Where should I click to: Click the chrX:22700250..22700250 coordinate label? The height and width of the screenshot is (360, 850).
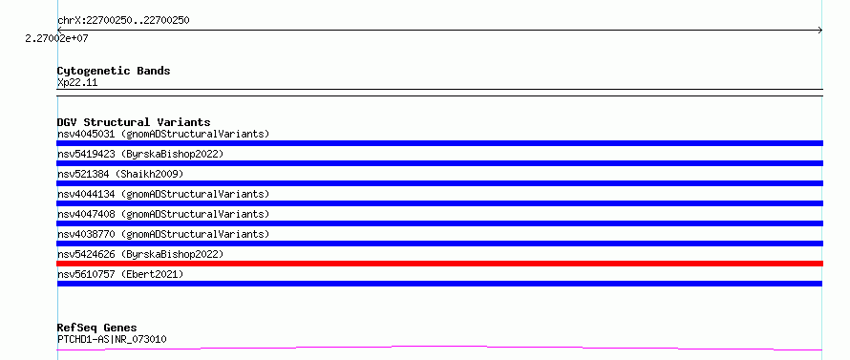pos(123,21)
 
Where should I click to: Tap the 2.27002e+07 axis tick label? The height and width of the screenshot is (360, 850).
pos(57,39)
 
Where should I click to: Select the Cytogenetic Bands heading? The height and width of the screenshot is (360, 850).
pos(114,71)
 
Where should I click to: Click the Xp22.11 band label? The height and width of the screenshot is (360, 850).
pos(77,83)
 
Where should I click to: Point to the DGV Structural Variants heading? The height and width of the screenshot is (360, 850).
pos(134,122)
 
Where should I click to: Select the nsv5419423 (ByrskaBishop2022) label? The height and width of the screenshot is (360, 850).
pos(140,154)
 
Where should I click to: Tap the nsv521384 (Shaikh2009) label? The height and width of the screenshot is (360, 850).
pos(120,174)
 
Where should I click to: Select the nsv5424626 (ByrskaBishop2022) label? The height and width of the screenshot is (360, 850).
pos(140,254)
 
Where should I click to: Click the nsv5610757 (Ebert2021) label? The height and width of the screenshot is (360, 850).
pos(120,274)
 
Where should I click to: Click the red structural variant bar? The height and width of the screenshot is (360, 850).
pos(439,264)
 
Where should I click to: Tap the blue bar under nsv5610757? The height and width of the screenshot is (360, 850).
pos(439,284)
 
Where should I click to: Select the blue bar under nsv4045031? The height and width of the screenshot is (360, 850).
pos(439,143)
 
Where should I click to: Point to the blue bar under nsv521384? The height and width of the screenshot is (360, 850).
pos(439,183)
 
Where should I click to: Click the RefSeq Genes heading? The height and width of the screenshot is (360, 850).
pos(96,328)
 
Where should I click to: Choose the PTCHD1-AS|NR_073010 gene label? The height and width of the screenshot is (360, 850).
pos(112,339)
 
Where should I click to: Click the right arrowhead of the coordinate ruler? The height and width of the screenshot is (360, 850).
pos(820,31)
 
